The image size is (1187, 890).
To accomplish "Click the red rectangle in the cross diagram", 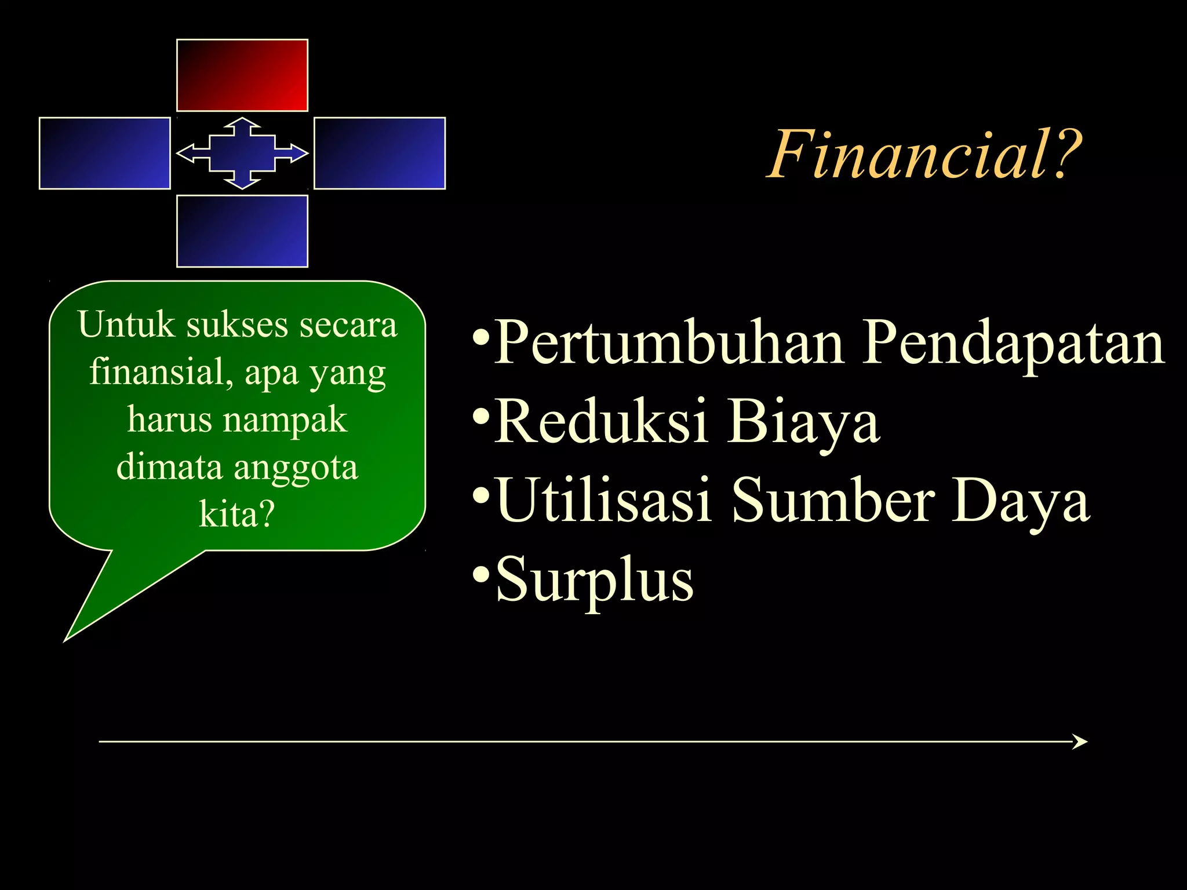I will [x=242, y=75].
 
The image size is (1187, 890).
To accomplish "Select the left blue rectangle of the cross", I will [x=105, y=154].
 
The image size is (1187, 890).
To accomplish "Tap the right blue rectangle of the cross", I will [x=380, y=154].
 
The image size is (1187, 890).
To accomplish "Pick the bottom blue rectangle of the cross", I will [x=242, y=231].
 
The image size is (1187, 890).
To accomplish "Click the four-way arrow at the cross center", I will [x=242, y=154].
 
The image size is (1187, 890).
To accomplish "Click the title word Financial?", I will [x=924, y=155].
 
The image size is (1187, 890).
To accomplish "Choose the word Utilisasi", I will [x=603, y=499].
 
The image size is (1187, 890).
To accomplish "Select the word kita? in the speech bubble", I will [x=236, y=514].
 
